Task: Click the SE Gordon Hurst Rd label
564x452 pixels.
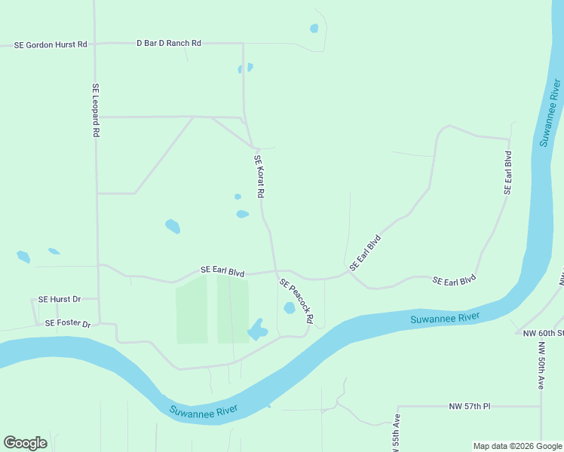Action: (51, 45)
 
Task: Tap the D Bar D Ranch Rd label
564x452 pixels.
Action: (168, 44)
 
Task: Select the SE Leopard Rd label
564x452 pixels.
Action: (96, 109)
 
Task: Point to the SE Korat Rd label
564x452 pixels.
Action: (259, 176)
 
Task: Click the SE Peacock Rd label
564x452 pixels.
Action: (296, 301)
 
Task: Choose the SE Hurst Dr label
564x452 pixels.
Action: (60, 299)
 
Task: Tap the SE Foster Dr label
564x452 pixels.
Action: (67, 324)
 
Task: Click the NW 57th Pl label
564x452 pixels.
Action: (469, 407)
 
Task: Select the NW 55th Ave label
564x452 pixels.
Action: (395, 433)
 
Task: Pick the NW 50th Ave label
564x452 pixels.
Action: (541, 365)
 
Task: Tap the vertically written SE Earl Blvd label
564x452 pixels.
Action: (508, 173)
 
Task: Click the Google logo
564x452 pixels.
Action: (25, 443)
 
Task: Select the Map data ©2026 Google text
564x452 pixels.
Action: (517, 446)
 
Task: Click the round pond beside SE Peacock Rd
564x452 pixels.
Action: (289, 308)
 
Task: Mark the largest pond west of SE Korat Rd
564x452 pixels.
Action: (173, 226)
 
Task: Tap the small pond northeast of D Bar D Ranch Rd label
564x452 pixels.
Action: (314, 29)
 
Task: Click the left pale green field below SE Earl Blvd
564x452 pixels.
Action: (192, 310)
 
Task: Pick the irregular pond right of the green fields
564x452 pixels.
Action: (257, 329)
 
